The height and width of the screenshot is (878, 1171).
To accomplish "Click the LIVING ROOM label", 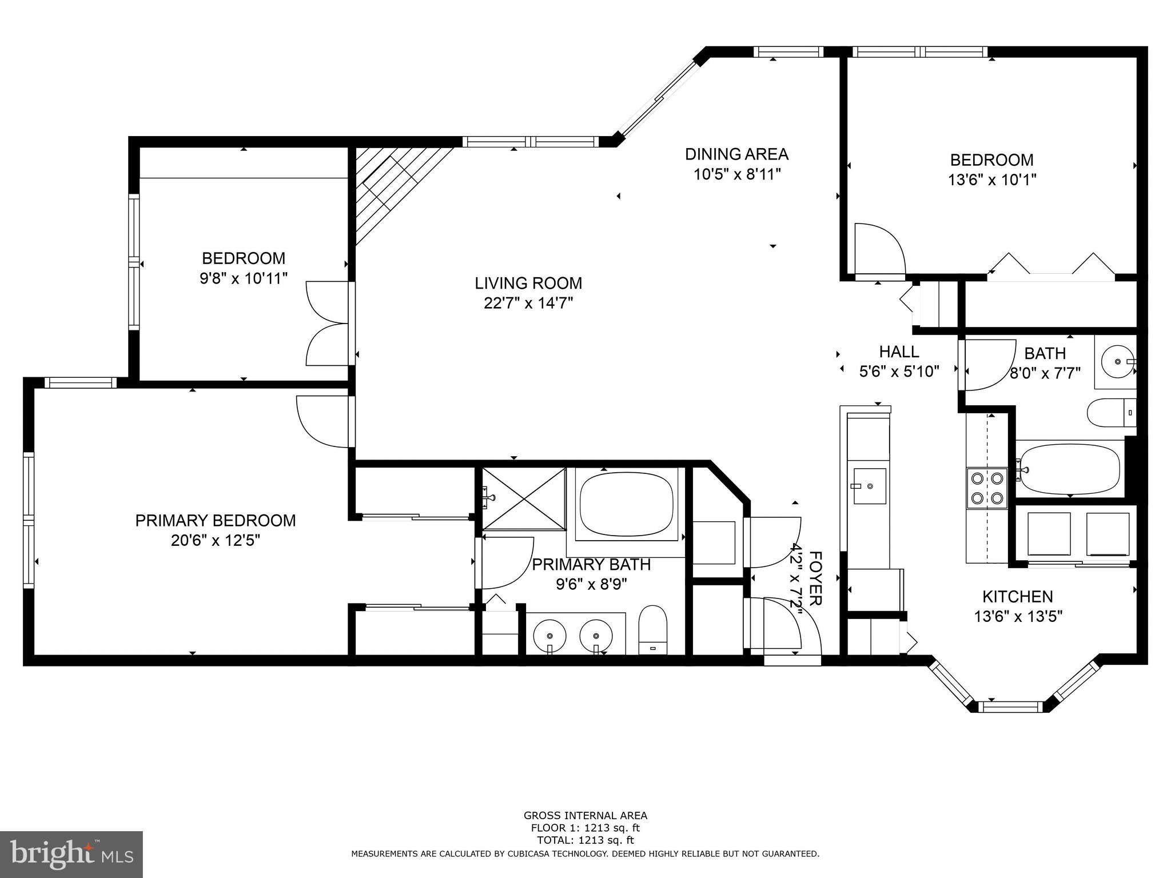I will tap(528, 283).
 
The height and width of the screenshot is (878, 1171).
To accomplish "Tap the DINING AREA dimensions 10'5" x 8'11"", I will tap(737, 174).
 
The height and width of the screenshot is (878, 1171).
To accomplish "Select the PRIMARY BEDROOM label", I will tap(216, 521).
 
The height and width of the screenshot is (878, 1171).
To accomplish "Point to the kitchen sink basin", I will tap(870, 486).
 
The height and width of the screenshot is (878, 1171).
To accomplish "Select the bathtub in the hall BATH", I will tap(1069, 469).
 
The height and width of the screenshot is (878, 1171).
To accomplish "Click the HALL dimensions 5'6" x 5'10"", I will tap(899, 372).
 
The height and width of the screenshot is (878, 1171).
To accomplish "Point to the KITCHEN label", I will tap(1017, 597).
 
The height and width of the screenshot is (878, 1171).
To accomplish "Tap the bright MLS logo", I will tap(71, 854).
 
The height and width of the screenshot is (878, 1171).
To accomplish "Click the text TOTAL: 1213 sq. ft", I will tap(585, 840).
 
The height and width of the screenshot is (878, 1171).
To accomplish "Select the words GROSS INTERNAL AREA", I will tap(585, 816).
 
